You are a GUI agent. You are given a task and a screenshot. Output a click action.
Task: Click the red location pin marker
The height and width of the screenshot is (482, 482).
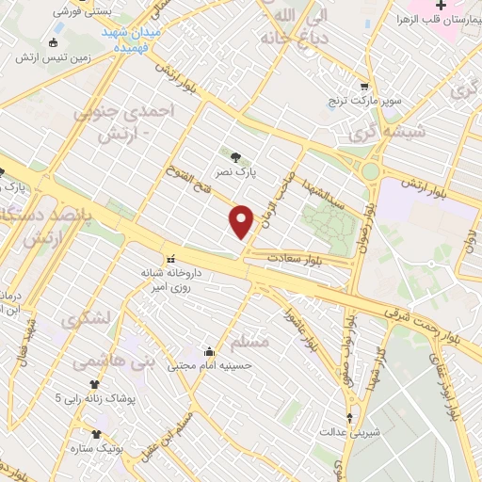click(242, 221)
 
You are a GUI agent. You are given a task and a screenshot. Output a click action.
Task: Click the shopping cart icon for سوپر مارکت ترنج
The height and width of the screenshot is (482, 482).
click(364, 86)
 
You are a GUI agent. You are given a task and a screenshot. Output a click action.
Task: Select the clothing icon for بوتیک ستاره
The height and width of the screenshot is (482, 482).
click(95, 434)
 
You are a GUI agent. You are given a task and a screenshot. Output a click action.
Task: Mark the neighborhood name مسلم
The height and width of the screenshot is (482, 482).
click(248, 340)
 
